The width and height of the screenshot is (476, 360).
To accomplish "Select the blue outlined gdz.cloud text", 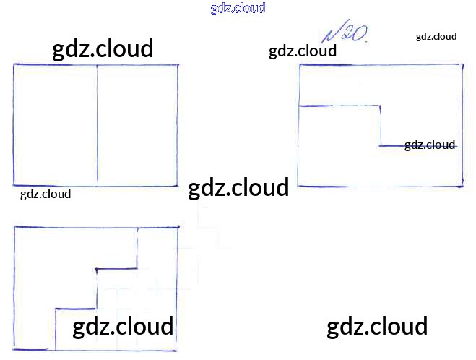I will click(x=238, y=8).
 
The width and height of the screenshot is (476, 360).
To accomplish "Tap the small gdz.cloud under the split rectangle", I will click(x=46, y=194).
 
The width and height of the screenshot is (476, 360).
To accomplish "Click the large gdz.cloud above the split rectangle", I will click(x=103, y=49).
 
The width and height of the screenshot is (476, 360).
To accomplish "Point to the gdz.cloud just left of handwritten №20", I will click(x=303, y=51).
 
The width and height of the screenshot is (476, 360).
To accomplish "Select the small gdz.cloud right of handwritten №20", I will click(x=436, y=36).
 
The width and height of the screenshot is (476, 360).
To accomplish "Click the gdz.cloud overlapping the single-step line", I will click(x=430, y=145).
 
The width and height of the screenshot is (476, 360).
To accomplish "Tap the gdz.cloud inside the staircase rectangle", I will click(x=123, y=326).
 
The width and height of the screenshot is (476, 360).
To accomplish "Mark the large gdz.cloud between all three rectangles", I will click(x=238, y=188).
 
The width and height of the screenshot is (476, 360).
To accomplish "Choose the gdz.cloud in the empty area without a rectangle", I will click(x=377, y=326).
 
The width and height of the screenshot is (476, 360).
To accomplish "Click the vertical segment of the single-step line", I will click(x=381, y=126).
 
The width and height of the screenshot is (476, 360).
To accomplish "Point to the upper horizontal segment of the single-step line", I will click(x=339, y=106).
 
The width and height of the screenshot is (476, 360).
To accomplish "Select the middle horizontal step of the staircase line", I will click(x=117, y=269).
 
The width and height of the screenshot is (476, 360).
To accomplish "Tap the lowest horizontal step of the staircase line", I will click(x=76, y=309).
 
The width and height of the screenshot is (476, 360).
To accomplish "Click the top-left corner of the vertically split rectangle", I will click(x=13, y=65).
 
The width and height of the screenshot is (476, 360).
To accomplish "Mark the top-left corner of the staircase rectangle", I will click(x=15, y=227).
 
